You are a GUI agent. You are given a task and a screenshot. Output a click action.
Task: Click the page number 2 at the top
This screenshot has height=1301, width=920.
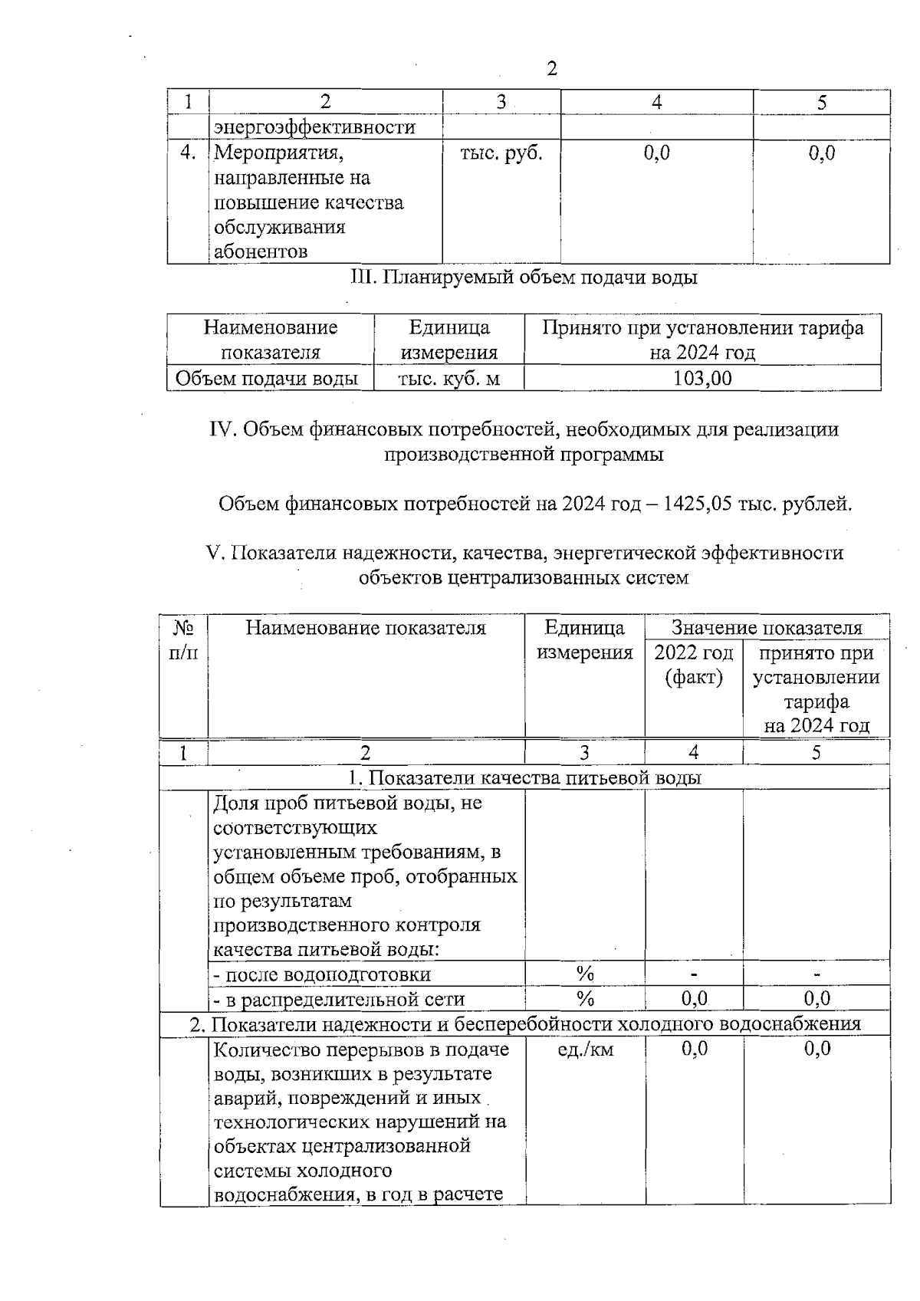[x=551, y=69]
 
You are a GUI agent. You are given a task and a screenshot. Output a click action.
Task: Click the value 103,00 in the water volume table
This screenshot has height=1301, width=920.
[x=702, y=378]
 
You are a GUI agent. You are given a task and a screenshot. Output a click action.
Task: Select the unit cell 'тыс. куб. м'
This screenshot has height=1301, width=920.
[x=449, y=378]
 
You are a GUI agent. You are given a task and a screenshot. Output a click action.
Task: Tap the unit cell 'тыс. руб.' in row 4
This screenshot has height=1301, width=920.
[x=501, y=153]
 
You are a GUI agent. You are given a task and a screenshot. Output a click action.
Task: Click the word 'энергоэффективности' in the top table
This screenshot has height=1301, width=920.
[x=315, y=126]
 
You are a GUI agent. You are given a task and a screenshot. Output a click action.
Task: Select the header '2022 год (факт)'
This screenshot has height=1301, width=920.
[x=693, y=665]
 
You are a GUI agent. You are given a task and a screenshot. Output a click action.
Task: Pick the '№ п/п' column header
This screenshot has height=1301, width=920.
[x=184, y=640]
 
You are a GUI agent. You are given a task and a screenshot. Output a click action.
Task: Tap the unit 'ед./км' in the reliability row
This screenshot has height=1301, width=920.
[x=585, y=1049]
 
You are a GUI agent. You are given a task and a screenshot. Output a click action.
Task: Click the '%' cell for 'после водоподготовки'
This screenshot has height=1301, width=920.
[x=585, y=974]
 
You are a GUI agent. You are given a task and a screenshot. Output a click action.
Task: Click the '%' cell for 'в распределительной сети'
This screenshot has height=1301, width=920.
[x=585, y=998]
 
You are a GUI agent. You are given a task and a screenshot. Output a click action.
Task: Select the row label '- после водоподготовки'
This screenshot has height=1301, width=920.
[x=322, y=974]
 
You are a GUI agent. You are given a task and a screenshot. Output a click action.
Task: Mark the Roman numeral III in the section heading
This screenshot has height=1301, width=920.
[x=360, y=278]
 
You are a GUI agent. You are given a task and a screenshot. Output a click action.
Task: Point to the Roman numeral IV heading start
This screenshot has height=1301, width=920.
[x=222, y=429]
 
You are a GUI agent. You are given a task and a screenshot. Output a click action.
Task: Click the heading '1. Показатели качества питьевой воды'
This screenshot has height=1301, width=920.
[x=524, y=777]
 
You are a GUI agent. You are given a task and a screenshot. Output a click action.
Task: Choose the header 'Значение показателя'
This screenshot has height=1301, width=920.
[x=767, y=628]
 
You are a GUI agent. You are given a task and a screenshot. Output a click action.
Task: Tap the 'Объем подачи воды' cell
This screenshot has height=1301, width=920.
[x=268, y=378]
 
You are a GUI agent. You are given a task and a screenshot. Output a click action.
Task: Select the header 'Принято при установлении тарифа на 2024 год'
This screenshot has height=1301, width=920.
[x=702, y=340]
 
